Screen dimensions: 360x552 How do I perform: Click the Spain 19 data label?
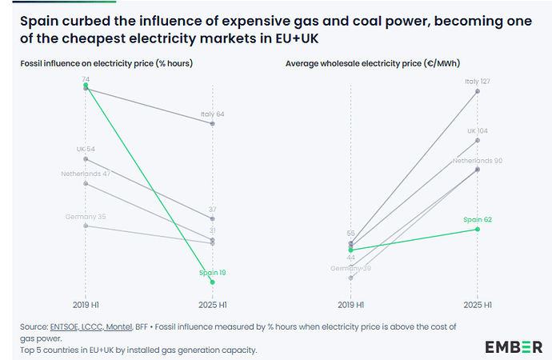212,273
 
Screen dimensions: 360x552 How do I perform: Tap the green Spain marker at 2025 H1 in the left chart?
212,282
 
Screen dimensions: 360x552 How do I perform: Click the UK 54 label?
86,150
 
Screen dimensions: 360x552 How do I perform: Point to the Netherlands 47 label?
85,174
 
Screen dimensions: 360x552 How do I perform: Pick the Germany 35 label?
86,217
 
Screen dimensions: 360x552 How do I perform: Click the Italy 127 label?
478,81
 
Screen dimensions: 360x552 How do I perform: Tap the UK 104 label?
478,130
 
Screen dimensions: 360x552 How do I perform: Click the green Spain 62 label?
478,219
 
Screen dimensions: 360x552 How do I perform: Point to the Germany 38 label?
351,269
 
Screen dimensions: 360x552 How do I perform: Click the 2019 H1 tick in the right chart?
351,305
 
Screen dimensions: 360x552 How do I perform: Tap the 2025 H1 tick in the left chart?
212,305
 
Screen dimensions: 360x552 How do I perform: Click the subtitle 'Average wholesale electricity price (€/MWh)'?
372,62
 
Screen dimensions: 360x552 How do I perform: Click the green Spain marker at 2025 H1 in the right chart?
478,229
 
